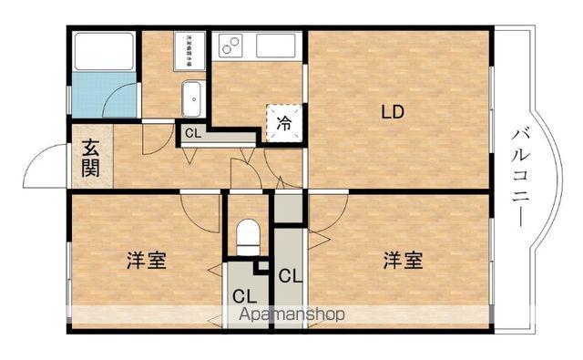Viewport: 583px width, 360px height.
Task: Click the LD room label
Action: tap(393, 114)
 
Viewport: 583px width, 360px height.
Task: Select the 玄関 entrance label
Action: tap(91, 157)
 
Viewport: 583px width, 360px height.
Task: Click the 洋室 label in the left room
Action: tap(146, 261)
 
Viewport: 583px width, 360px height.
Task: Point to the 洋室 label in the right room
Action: tap(402, 261)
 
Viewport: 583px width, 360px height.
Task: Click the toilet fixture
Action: tap(248, 238)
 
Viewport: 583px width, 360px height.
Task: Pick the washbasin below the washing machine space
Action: tap(191, 97)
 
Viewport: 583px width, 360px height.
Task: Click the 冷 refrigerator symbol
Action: tap(282, 120)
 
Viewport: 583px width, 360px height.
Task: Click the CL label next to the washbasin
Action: tap(193, 133)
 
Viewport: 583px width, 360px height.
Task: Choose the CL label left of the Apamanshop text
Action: tap(243, 295)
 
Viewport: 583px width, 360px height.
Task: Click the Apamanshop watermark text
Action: tap(291, 314)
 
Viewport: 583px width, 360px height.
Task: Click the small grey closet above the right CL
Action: tap(288, 210)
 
